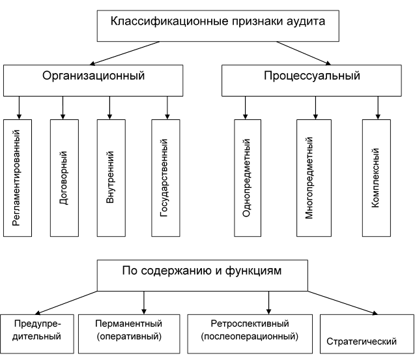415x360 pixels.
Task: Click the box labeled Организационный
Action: coord(93,80)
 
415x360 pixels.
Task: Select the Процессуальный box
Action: coord(311,80)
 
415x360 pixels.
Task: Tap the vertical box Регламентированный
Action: coord(18,178)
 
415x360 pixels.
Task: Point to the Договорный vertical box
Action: coord(64,178)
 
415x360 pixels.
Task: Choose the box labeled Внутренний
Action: coord(111,178)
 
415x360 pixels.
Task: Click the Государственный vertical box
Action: coord(165,178)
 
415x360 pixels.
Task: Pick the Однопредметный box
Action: coord(248,178)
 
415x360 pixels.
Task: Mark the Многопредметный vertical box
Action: coord(314,178)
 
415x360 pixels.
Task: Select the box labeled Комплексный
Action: coord(377,178)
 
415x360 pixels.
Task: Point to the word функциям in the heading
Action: coord(253,271)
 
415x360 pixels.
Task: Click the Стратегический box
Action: coord(367,334)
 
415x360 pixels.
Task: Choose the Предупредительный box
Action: coord(36,334)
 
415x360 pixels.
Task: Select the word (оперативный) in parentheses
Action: coord(129,337)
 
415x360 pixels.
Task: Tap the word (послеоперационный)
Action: coord(250,337)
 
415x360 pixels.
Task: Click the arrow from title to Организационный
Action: coord(124,53)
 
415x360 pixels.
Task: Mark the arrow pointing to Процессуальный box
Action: coord(304,53)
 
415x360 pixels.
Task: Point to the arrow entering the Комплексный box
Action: coord(378,108)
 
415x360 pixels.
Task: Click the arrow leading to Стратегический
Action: coord(343,303)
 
